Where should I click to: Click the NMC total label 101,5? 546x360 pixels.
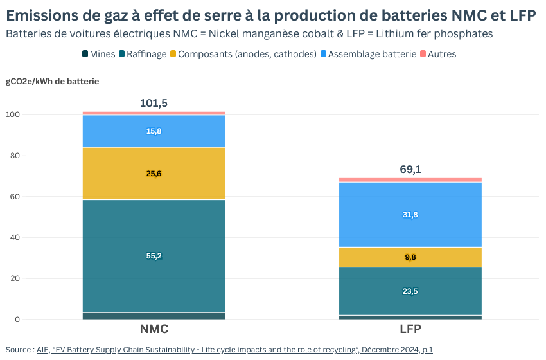[154, 103]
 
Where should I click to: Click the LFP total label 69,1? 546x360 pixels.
[410, 170]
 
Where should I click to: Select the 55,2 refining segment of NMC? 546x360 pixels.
[154, 256]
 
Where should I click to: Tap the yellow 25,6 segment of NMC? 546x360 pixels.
[154, 174]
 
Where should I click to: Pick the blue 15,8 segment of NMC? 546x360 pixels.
[154, 131]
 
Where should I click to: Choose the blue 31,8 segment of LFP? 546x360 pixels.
[410, 215]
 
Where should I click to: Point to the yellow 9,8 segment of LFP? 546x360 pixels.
[410, 257]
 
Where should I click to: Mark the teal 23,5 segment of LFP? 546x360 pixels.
[410, 291]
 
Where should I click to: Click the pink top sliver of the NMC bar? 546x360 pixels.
[154, 113]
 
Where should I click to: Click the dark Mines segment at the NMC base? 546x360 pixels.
[154, 316]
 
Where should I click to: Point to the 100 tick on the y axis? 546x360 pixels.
[13, 114]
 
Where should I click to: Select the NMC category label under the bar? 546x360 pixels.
[154, 329]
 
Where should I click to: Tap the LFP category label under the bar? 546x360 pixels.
[410, 329]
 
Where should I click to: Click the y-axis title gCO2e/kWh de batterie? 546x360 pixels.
[53, 81]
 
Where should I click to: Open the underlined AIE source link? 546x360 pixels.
[234, 350]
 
